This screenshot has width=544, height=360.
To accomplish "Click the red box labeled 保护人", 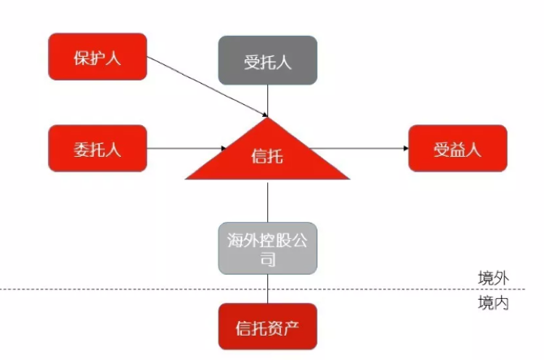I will point(97,56).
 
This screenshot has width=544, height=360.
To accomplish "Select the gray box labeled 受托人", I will point(267,61).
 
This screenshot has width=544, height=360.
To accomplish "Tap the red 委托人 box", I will point(97,148).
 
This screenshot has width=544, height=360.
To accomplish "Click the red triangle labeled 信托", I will point(267,158).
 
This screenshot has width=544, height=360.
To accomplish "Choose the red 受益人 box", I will point(458,148).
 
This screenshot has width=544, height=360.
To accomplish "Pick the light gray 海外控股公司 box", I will point(267,248).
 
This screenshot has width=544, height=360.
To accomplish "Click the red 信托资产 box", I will point(267,328).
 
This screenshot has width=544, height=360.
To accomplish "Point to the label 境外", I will point(493,278).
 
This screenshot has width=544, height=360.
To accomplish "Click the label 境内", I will point(493,303).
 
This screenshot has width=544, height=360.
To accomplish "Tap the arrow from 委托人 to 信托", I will point(187,149).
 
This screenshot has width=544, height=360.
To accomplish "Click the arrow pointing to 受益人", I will point(357,148).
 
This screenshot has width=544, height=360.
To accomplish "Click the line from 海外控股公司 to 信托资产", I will point(268,288).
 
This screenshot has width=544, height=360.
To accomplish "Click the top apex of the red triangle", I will point(268,119).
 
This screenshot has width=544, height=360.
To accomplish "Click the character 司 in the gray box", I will point(268,260).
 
